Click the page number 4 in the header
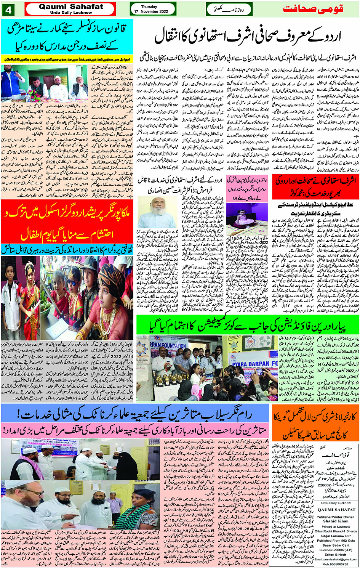pos(8,9)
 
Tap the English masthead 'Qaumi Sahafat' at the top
pos(71,7)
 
